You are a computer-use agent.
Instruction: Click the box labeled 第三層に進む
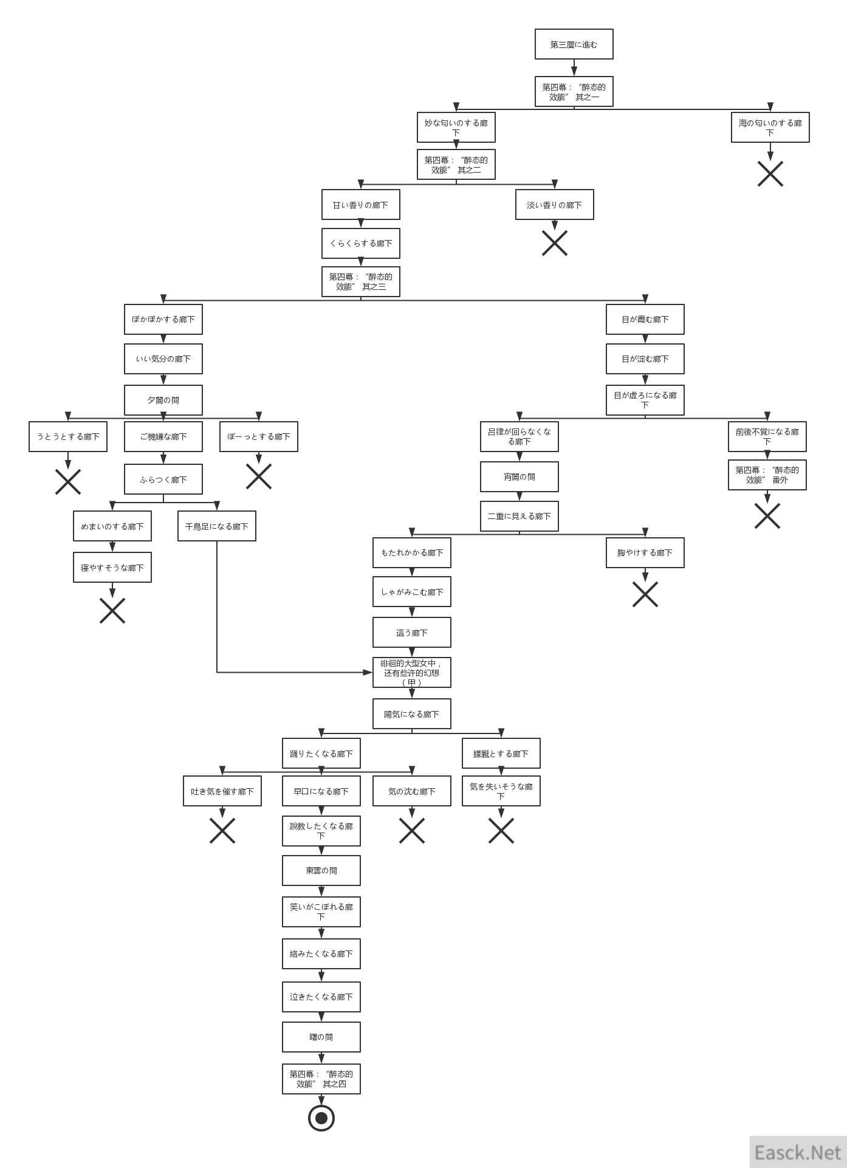coord(574,44)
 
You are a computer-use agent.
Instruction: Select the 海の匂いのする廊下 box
coord(770,128)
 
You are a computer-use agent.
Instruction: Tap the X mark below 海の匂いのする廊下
coord(770,174)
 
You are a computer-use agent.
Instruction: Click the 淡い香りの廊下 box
coord(554,205)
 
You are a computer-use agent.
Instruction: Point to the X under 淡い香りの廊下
coord(554,243)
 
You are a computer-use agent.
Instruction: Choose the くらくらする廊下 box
coord(360,244)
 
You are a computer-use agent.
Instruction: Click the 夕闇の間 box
coord(163,400)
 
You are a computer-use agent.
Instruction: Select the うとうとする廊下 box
coord(68,437)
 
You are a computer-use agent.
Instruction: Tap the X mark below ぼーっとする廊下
coord(258,476)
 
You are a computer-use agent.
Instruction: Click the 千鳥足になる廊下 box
coord(216,526)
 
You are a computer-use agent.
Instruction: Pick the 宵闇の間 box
coord(519,477)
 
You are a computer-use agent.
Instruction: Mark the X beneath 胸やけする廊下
coord(645,594)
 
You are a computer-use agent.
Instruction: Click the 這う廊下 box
coord(411,633)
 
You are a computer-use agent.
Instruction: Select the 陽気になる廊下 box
coord(411,714)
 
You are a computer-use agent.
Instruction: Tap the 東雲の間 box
coord(321,871)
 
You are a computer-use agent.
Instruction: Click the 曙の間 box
coord(321,1037)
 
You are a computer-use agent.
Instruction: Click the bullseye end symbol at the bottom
coord(321,1118)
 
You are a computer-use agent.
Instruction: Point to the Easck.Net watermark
coord(797,1152)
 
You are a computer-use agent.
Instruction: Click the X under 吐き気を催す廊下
coord(222,831)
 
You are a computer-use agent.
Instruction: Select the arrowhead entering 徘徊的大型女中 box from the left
coord(368,672)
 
